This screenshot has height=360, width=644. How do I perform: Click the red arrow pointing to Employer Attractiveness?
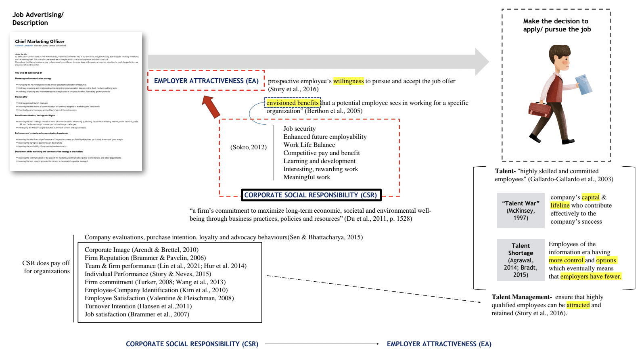click(211, 107)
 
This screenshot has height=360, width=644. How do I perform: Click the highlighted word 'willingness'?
click(348, 81)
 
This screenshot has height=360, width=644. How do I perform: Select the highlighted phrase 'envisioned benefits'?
click(293, 103)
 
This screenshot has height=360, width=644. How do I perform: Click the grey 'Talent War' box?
click(521, 210)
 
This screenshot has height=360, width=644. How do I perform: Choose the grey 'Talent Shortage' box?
click(521, 260)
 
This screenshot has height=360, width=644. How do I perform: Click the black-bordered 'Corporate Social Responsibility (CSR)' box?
click(311, 195)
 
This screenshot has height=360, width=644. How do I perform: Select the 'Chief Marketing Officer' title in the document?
click(40, 42)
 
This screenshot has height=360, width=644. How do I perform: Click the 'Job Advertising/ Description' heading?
click(38, 19)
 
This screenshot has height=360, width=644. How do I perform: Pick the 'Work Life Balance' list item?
click(309, 145)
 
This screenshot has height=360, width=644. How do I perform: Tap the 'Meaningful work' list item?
click(307, 177)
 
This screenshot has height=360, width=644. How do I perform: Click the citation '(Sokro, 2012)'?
click(249, 147)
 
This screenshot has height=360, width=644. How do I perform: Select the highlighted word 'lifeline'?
click(560, 205)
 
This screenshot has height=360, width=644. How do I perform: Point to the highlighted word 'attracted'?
click(578, 305)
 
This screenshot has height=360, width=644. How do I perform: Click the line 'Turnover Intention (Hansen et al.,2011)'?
click(138, 306)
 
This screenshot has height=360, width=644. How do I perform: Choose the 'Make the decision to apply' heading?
click(556, 25)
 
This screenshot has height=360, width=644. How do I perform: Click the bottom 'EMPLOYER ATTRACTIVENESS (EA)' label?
click(439, 344)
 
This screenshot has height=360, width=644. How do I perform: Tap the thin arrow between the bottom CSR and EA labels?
click(322, 344)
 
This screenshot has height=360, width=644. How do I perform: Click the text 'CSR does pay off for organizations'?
click(46, 267)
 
